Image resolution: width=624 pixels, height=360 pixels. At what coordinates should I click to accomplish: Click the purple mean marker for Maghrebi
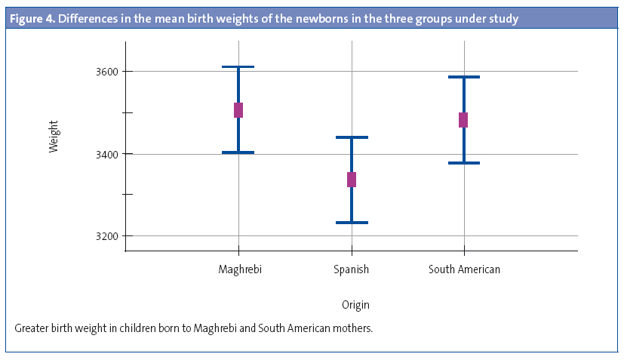[238, 110]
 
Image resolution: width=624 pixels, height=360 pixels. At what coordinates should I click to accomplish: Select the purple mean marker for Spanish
[352, 180]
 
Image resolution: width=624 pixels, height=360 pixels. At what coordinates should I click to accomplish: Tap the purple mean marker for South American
[463, 120]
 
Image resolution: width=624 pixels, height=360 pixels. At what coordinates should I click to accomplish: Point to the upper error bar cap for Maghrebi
[238, 67]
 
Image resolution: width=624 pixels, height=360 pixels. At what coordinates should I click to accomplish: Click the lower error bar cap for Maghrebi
[238, 152]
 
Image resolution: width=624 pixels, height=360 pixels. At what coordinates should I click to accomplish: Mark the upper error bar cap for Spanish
[352, 137]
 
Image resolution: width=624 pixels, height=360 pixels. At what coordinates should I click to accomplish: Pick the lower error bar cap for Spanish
[352, 223]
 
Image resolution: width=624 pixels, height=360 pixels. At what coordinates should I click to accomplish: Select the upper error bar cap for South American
[463, 77]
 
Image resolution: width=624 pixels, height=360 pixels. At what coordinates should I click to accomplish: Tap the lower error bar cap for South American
[463, 163]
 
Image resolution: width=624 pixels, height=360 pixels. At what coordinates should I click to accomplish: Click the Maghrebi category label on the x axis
[240, 269]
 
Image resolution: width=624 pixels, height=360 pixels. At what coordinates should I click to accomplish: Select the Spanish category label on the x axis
[352, 269]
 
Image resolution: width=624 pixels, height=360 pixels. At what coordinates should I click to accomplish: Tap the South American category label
[464, 269]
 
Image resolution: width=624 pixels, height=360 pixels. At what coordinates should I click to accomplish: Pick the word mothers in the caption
[352, 329]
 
